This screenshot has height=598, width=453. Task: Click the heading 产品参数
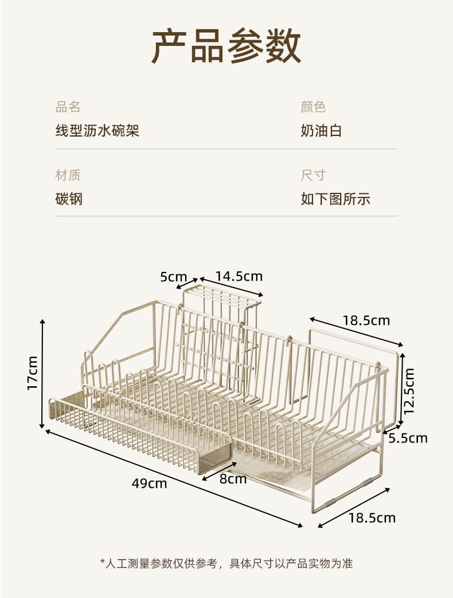point(226,46)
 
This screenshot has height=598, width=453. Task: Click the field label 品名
point(68,107)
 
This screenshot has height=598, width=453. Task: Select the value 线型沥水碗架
point(97,131)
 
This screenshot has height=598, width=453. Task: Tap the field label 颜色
point(313,107)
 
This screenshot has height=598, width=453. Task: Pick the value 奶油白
point(321,131)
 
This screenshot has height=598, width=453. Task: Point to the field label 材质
point(68,175)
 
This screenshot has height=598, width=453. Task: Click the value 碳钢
point(69,199)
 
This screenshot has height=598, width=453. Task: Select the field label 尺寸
point(313,175)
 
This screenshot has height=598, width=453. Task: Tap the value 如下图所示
point(335,199)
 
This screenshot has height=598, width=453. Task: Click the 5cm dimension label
point(174,277)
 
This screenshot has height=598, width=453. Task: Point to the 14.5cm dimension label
point(239,276)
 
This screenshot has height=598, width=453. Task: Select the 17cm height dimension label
point(33,373)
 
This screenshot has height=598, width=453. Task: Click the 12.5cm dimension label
point(409,391)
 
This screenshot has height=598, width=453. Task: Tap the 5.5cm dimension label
point(408,438)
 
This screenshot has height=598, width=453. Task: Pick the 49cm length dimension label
point(149,483)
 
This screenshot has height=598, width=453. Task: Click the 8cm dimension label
point(233,479)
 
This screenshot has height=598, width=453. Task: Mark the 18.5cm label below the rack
point(372,518)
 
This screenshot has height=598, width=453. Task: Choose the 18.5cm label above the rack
point(366,320)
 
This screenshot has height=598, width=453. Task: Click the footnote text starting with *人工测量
point(226,563)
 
